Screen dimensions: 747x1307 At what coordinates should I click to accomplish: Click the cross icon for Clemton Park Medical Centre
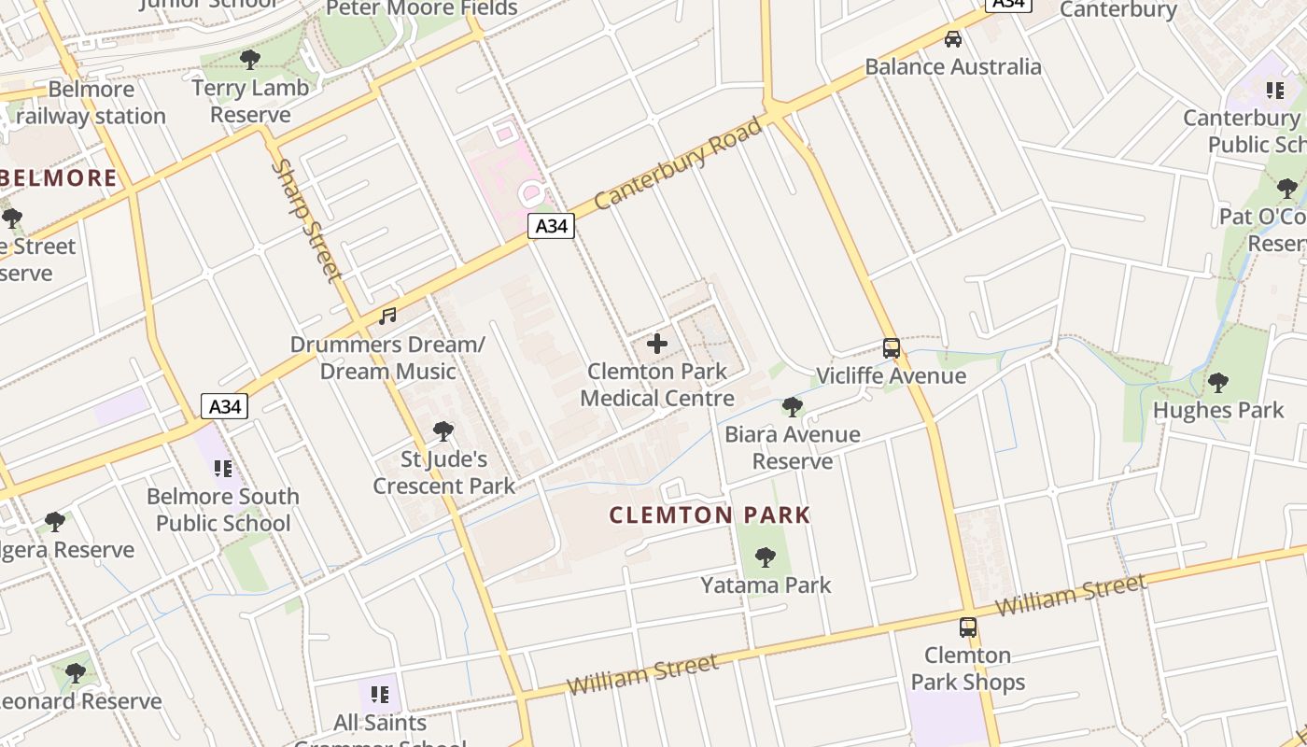(x=657, y=344)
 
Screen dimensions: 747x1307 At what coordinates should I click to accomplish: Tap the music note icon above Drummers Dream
(x=387, y=317)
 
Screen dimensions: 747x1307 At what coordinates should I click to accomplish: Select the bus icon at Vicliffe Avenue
(x=892, y=348)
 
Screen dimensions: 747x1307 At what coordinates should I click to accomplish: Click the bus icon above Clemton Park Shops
(x=968, y=627)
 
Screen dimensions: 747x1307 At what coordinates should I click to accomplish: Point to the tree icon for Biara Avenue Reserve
(x=793, y=407)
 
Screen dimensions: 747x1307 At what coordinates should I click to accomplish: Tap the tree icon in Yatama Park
(x=766, y=557)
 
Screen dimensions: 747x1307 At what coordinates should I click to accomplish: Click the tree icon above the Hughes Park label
(x=1217, y=382)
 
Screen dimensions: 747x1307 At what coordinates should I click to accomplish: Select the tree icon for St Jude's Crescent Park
(x=443, y=431)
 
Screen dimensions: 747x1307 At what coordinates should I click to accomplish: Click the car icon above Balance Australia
(x=952, y=39)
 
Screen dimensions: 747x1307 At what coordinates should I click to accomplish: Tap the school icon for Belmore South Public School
(x=222, y=468)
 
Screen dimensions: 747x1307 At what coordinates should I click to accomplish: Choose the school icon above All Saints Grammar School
(x=379, y=695)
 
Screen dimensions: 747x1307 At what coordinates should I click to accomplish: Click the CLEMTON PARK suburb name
(x=710, y=515)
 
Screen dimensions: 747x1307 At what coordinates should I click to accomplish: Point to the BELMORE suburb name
(x=62, y=177)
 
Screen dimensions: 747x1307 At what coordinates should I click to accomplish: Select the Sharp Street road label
(x=307, y=220)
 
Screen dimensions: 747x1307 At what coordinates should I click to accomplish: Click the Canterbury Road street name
(x=678, y=163)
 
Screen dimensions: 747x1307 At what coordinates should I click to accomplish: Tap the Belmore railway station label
(x=91, y=103)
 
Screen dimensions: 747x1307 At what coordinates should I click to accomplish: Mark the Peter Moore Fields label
(x=422, y=8)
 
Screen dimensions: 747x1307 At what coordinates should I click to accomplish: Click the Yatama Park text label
(x=766, y=585)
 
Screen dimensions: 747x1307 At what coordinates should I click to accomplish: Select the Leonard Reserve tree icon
(x=76, y=672)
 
